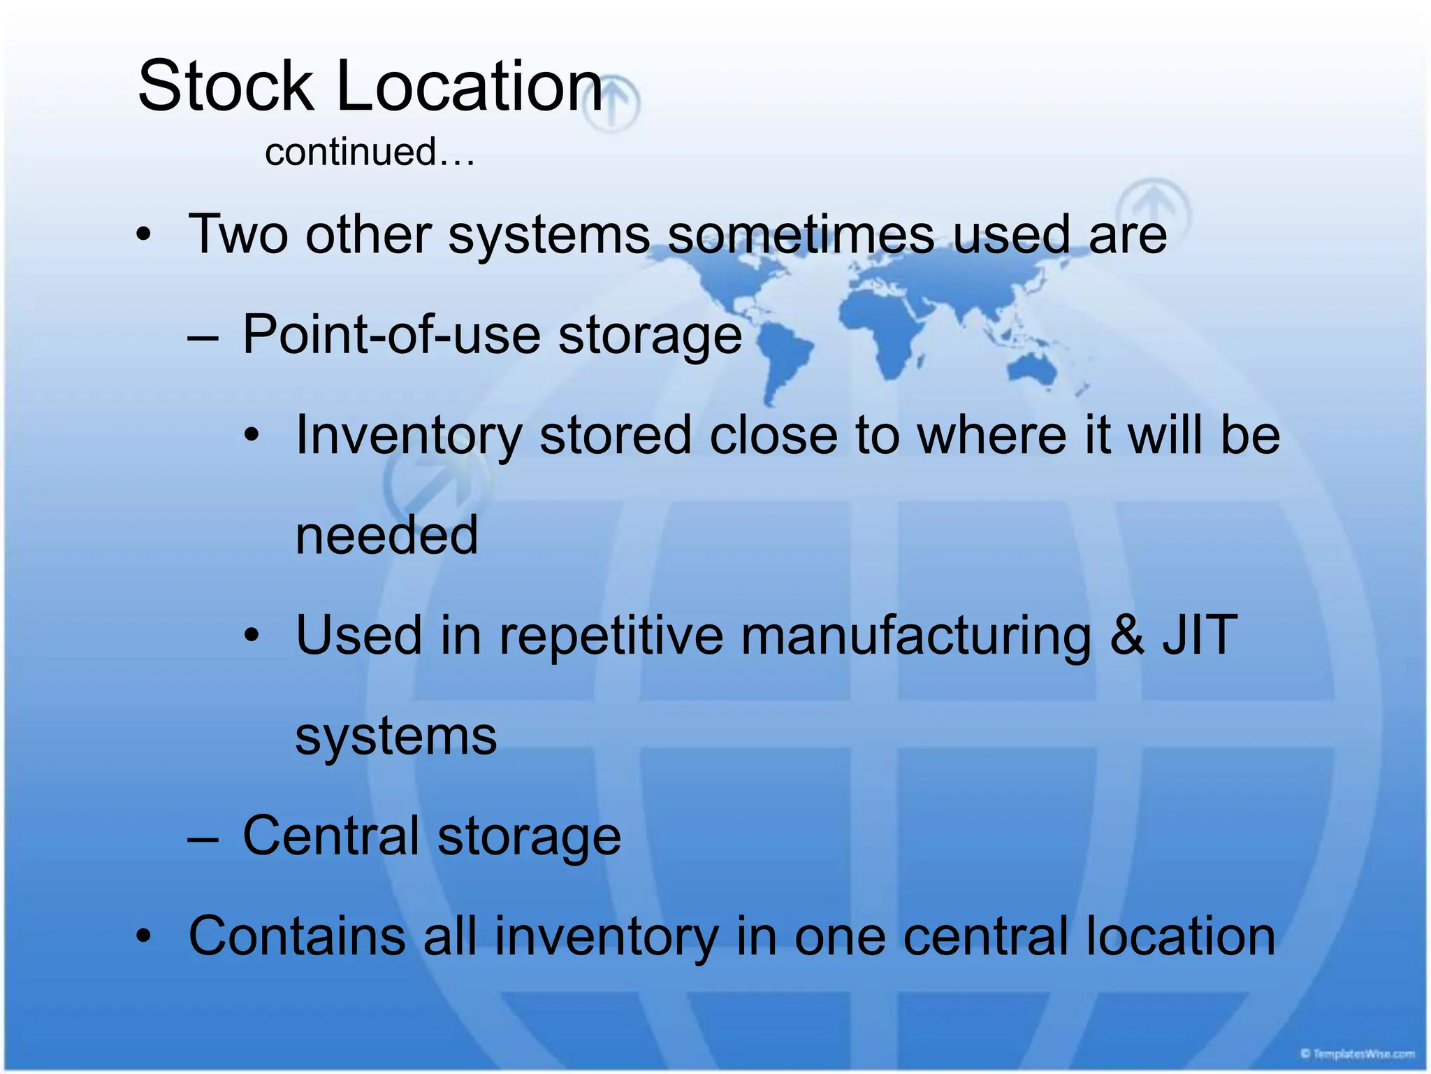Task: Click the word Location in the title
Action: (x=470, y=86)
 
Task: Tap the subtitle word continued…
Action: (x=370, y=152)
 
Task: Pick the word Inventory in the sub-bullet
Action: (x=409, y=435)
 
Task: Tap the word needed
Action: (x=386, y=536)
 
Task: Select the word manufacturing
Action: (x=915, y=636)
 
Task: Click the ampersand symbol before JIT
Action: (x=1126, y=635)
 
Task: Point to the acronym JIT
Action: (x=1200, y=635)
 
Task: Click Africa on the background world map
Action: (x=884, y=329)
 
